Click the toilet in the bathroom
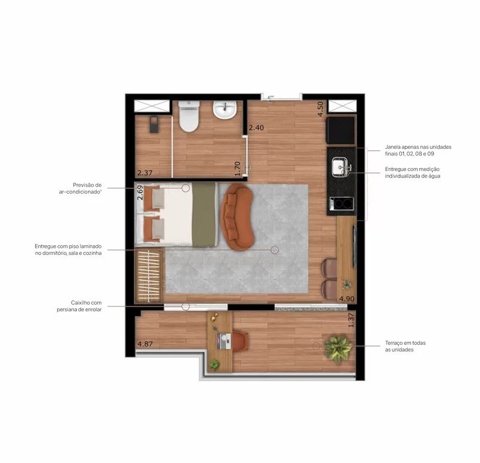tap(189, 116)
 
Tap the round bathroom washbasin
tap(224, 110)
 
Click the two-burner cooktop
tap(341, 203)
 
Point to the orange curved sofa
tap(238, 217)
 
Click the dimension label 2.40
tap(256, 128)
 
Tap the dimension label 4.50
tap(320, 109)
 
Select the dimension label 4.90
tap(347, 299)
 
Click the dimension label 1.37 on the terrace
tap(351, 320)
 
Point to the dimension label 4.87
tap(145, 344)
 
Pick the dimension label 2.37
tap(145, 173)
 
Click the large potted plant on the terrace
tap(338, 348)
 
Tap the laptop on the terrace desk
tap(224, 341)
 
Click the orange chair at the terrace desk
tap(241, 341)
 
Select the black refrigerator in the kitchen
tap(341, 130)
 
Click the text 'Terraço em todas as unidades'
tap(406, 346)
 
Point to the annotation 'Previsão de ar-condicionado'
tap(80, 188)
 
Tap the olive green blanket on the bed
tap(204, 215)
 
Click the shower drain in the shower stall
tap(154, 124)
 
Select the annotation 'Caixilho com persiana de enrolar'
tap(79, 306)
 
